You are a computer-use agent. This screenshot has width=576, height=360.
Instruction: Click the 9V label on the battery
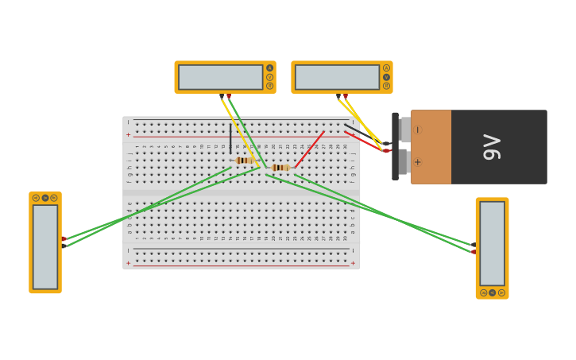click(x=492, y=147)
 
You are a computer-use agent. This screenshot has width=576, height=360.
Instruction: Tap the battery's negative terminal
click(x=405, y=130)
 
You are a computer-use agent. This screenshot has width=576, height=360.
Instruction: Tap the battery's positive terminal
click(x=404, y=162)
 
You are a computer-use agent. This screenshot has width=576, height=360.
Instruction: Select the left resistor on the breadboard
click(x=245, y=161)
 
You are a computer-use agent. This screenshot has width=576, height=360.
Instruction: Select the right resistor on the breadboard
click(x=280, y=168)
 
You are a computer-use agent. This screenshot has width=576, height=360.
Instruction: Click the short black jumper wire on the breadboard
click(x=230, y=139)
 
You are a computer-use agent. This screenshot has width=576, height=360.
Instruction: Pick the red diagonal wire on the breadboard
click(x=310, y=149)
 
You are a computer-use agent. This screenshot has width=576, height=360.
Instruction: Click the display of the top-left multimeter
click(x=220, y=77)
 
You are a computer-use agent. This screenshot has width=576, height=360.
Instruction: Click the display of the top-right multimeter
click(x=337, y=77)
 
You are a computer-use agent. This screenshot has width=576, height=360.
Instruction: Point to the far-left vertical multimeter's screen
click(x=45, y=246)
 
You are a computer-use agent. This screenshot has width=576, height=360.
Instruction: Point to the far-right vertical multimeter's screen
click(x=492, y=243)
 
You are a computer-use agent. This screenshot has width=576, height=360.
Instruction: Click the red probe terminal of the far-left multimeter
click(x=64, y=238)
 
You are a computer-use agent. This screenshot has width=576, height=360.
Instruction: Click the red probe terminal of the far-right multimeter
click(x=474, y=252)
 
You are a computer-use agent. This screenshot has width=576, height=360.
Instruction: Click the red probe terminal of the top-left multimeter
click(x=229, y=95)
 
